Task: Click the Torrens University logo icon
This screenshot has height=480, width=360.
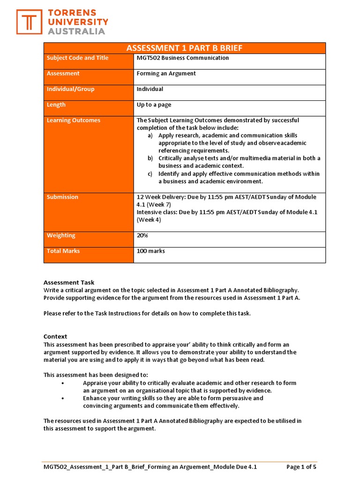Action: coord(29,22)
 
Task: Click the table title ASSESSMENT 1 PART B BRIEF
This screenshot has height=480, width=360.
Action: coord(184,48)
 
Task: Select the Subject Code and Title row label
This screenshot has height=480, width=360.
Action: coord(77,58)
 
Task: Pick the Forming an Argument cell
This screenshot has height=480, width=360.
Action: coord(166,74)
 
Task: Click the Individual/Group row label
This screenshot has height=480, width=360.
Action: coord(70,89)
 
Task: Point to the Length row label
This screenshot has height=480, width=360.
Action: coord(56,105)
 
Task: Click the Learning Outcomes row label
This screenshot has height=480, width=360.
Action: coord(74,120)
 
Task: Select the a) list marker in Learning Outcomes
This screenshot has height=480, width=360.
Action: coord(150,135)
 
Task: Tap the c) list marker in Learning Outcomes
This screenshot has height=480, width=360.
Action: coord(150,174)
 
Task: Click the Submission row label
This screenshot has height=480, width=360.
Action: coord(62,197)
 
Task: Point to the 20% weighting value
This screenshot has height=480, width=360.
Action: coord(142,236)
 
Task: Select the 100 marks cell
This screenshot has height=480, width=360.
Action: coord(151,251)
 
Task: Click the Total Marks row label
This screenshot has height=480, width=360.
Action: coord(63,251)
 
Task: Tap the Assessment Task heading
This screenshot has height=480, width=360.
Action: coord(69,283)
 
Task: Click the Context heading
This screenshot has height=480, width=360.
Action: coord(55,337)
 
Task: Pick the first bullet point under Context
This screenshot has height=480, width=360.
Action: coord(63,383)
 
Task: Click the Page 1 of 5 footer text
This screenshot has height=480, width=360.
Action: coord(301,467)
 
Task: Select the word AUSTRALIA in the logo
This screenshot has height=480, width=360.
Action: coord(77,31)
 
